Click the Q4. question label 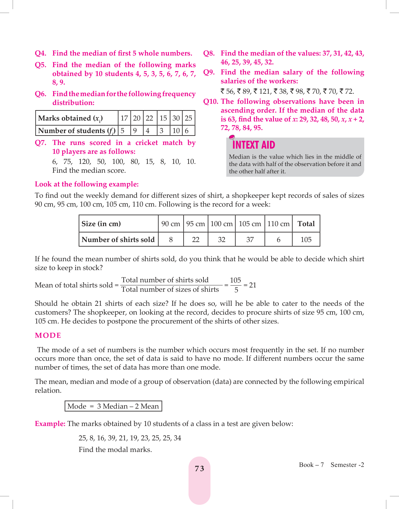(x=41, y=53)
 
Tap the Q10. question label (x=211, y=102)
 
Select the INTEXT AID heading (x=253, y=145)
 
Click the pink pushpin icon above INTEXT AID (x=232, y=137)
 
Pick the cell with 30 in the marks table (x=176, y=118)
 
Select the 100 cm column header (x=221, y=224)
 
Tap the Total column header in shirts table (x=306, y=224)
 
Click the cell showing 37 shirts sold (x=250, y=240)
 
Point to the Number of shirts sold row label (x=118, y=240)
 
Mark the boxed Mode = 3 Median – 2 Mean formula (x=113, y=406)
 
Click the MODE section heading (x=48, y=335)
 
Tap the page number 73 (x=199, y=468)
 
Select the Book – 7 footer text (x=311, y=465)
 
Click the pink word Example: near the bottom (x=50, y=424)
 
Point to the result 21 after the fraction (x=253, y=285)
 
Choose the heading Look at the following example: (x=87, y=184)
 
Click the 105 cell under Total (x=306, y=240)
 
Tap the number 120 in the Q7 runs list (x=84, y=162)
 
